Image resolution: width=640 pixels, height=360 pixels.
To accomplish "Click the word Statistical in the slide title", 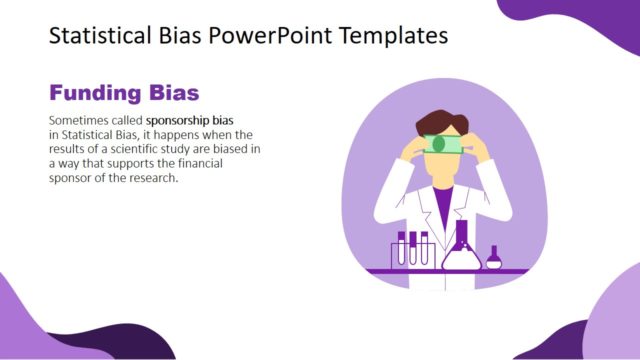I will pos(98,36).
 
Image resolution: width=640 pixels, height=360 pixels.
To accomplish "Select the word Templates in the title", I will pos(392,36).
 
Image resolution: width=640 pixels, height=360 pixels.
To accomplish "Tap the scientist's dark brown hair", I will pos(440,122).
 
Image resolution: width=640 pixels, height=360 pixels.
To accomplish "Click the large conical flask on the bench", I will pos(461,250).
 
